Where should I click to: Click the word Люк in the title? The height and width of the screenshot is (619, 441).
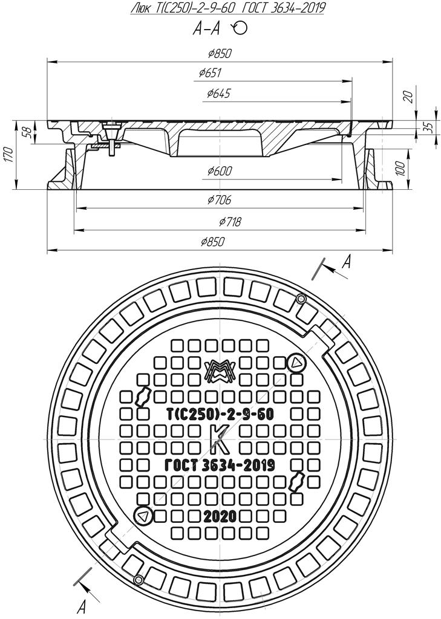[x=141, y=8]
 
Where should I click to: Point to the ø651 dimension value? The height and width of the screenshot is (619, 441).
[x=210, y=73]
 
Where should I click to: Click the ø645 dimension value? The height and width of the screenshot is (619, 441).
[x=218, y=94]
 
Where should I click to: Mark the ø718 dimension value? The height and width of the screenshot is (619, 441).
[x=230, y=222]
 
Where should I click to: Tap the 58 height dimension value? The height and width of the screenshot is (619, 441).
[x=25, y=132]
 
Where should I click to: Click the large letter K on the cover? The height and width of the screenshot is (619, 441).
[x=219, y=440]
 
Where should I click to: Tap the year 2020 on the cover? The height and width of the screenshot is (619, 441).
[x=220, y=516]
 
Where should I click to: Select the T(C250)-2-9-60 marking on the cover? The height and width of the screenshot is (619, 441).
[x=220, y=415]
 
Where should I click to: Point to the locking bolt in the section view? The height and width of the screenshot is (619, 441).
[x=111, y=141]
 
